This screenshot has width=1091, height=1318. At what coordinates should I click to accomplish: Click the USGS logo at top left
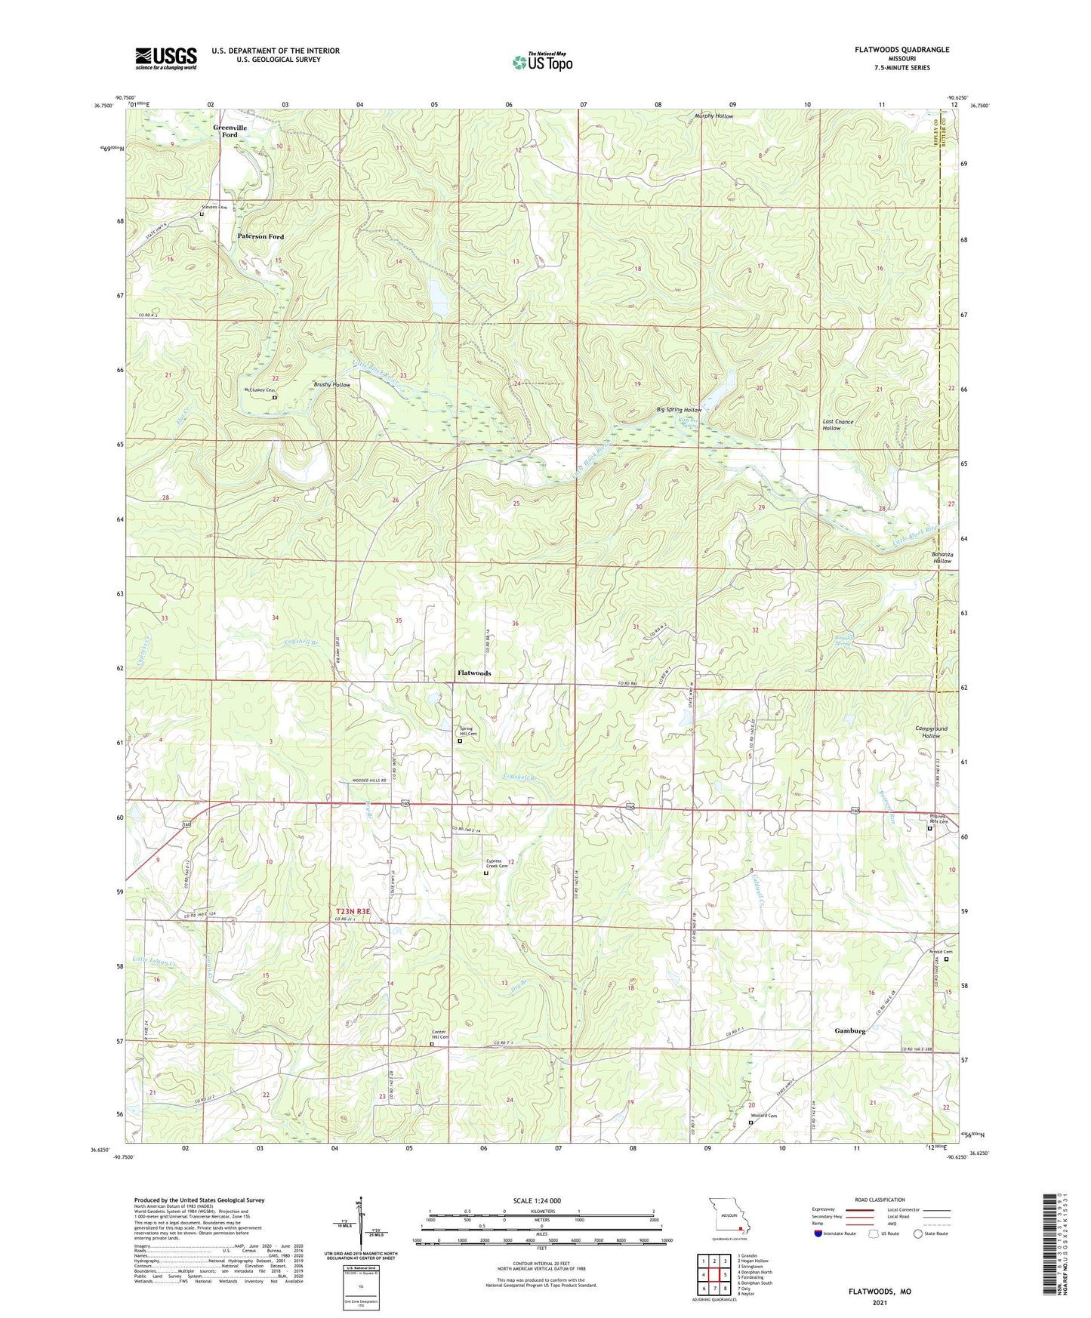point(166,58)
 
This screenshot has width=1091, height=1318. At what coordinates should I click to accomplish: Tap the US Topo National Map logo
point(542,61)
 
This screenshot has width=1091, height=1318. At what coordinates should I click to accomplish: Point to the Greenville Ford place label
point(230,131)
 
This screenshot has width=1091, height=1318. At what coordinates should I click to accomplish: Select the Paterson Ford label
point(260,236)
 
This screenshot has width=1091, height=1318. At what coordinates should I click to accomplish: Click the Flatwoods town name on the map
point(474,673)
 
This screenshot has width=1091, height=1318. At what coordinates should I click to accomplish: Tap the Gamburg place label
point(849,1030)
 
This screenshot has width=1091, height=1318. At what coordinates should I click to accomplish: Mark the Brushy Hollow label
point(332,385)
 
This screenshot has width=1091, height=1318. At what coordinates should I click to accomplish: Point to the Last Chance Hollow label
point(837,425)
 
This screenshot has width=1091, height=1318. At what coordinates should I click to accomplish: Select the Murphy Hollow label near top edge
point(713,116)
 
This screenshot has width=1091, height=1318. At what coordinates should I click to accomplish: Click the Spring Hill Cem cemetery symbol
point(460,741)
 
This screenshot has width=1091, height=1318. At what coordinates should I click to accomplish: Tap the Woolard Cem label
point(763,1115)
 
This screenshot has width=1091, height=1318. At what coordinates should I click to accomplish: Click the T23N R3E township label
point(353,911)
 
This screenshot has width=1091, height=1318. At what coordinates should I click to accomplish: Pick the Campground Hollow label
point(931,732)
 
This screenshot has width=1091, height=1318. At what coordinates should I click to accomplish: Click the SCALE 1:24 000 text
point(537,1200)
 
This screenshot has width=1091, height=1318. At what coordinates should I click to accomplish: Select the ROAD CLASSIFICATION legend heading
point(880,1199)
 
